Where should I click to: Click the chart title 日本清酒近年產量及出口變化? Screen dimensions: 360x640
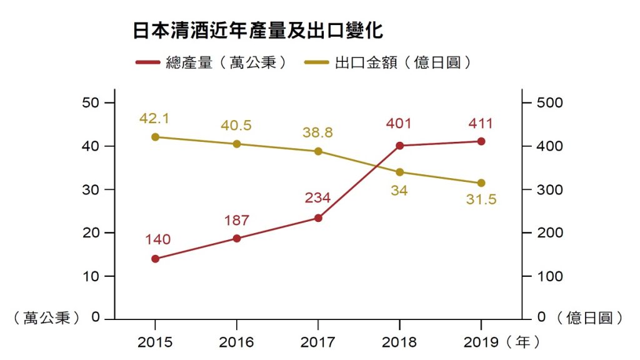[257, 31]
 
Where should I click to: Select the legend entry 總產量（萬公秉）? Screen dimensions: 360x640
[212, 62]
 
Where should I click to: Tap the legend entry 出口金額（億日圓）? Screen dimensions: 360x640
[387, 62]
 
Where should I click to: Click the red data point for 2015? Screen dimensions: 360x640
[156, 259]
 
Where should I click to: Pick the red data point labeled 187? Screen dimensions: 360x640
[237, 238]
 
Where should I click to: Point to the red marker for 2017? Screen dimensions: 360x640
[318, 218]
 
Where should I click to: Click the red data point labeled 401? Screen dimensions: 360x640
[400, 146]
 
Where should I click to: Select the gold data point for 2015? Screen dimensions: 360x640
[156, 137]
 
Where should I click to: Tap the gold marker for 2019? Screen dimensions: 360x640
[481, 183]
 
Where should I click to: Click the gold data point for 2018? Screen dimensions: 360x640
[400, 172]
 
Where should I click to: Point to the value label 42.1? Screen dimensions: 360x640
[155, 119]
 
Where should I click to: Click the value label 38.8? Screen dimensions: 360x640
[317, 133]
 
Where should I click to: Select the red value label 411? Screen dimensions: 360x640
[481, 123]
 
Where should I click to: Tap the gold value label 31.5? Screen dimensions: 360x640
[481, 201]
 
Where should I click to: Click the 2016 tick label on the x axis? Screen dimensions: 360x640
[237, 342]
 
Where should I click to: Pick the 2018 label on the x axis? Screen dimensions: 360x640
[399, 342]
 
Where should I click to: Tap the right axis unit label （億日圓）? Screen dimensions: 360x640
[594, 318]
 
